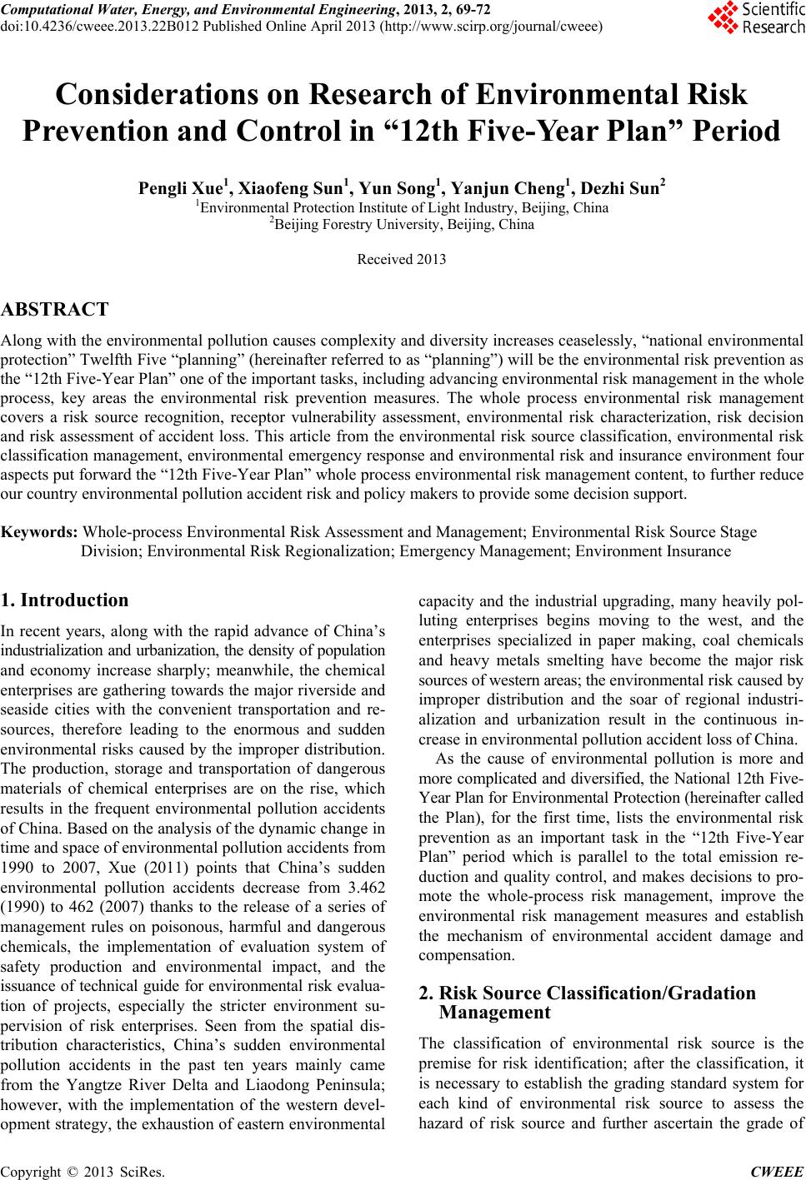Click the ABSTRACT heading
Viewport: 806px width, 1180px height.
pyautogui.click(x=55, y=311)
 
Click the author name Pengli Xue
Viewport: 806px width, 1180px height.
pyautogui.click(x=171, y=188)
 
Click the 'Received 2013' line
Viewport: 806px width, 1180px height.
pyautogui.click(x=401, y=259)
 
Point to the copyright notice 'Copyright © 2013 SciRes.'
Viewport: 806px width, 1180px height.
pyautogui.click(x=83, y=1172)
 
